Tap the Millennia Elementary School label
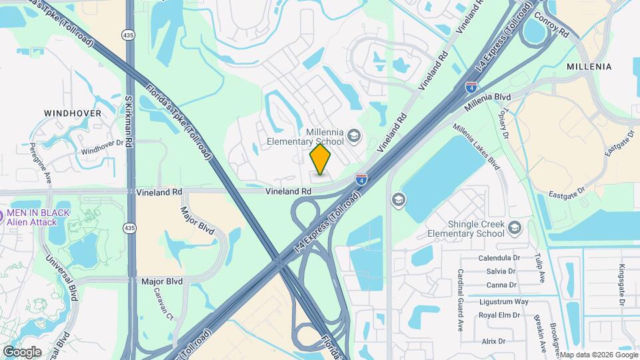click(x=305, y=137)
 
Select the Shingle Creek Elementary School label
click(x=467, y=229)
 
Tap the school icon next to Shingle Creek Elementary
click(x=514, y=229)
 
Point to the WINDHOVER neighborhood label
click(x=73, y=113)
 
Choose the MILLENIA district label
click(x=589, y=67)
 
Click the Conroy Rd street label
click(x=551, y=26)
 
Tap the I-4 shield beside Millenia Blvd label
click(x=471, y=87)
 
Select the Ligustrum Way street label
click(x=503, y=301)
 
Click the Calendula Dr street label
click(x=499, y=257)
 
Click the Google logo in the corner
click(x=22, y=351)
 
